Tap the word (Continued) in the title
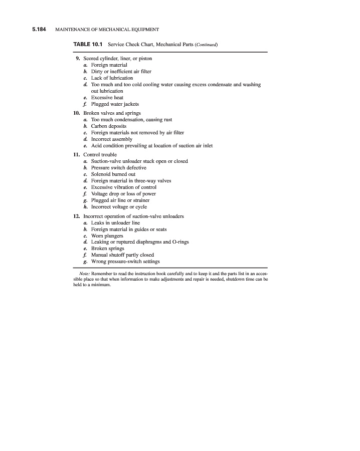(205, 46)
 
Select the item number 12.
(77, 216)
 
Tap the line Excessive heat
(107, 98)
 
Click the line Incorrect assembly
(112, 139)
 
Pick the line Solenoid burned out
(113, 174)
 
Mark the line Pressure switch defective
(120, 168)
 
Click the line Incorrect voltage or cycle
(119, 206)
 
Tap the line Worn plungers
(107, 236)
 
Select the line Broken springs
(107, 249)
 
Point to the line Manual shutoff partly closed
(122, 255)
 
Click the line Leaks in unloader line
(115, 222)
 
